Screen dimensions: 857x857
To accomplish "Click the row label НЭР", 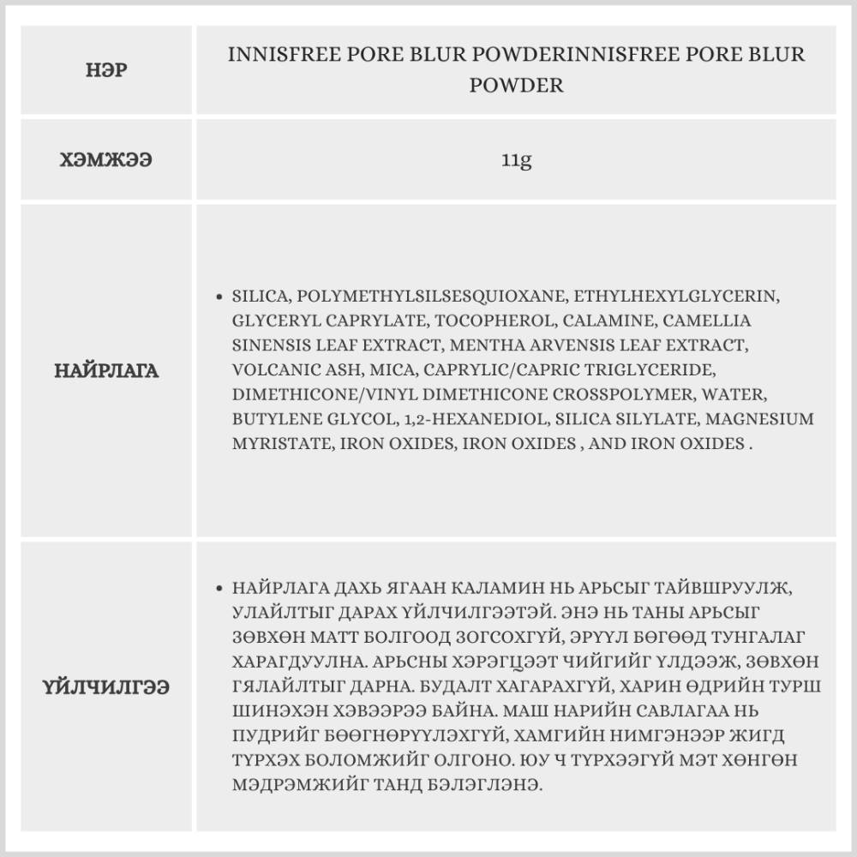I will (x=107, y=70).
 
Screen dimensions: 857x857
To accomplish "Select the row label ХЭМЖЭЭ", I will (x=107, y=160).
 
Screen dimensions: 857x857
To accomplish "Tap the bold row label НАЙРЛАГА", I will (x=107, y=371).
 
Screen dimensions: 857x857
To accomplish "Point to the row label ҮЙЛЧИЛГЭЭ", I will (x=107, y=687).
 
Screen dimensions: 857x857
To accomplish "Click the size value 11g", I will (x=517, y=160).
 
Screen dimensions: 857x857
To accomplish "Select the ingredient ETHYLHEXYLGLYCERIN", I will (x=676, y=297).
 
